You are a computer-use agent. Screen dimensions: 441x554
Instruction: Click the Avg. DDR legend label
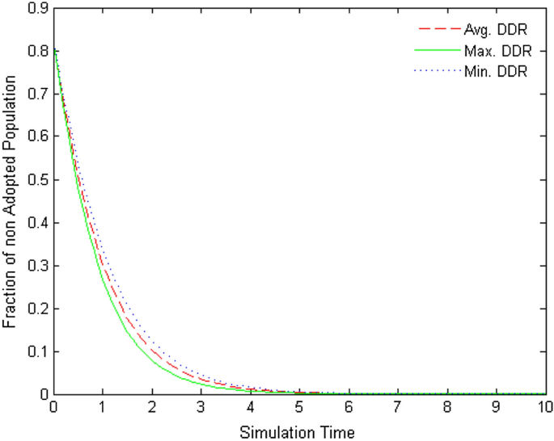click(495, 30)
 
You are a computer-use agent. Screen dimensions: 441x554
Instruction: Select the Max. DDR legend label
click(496, 51)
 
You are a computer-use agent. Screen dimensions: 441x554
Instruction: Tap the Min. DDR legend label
click(495, 72)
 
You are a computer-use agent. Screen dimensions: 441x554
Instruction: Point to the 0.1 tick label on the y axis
click(37, 351)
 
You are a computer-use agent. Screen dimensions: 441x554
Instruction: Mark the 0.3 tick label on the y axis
click(37, 266)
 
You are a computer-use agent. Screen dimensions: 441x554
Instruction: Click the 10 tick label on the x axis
click(546, 409)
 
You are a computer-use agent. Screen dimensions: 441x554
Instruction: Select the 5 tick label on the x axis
click(299, 409)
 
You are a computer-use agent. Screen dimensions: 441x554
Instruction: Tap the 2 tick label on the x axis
click(152, 409)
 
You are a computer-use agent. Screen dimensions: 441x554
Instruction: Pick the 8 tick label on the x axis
click(447, 409)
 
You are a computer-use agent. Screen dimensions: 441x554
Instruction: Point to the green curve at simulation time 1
click(103, 278)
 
